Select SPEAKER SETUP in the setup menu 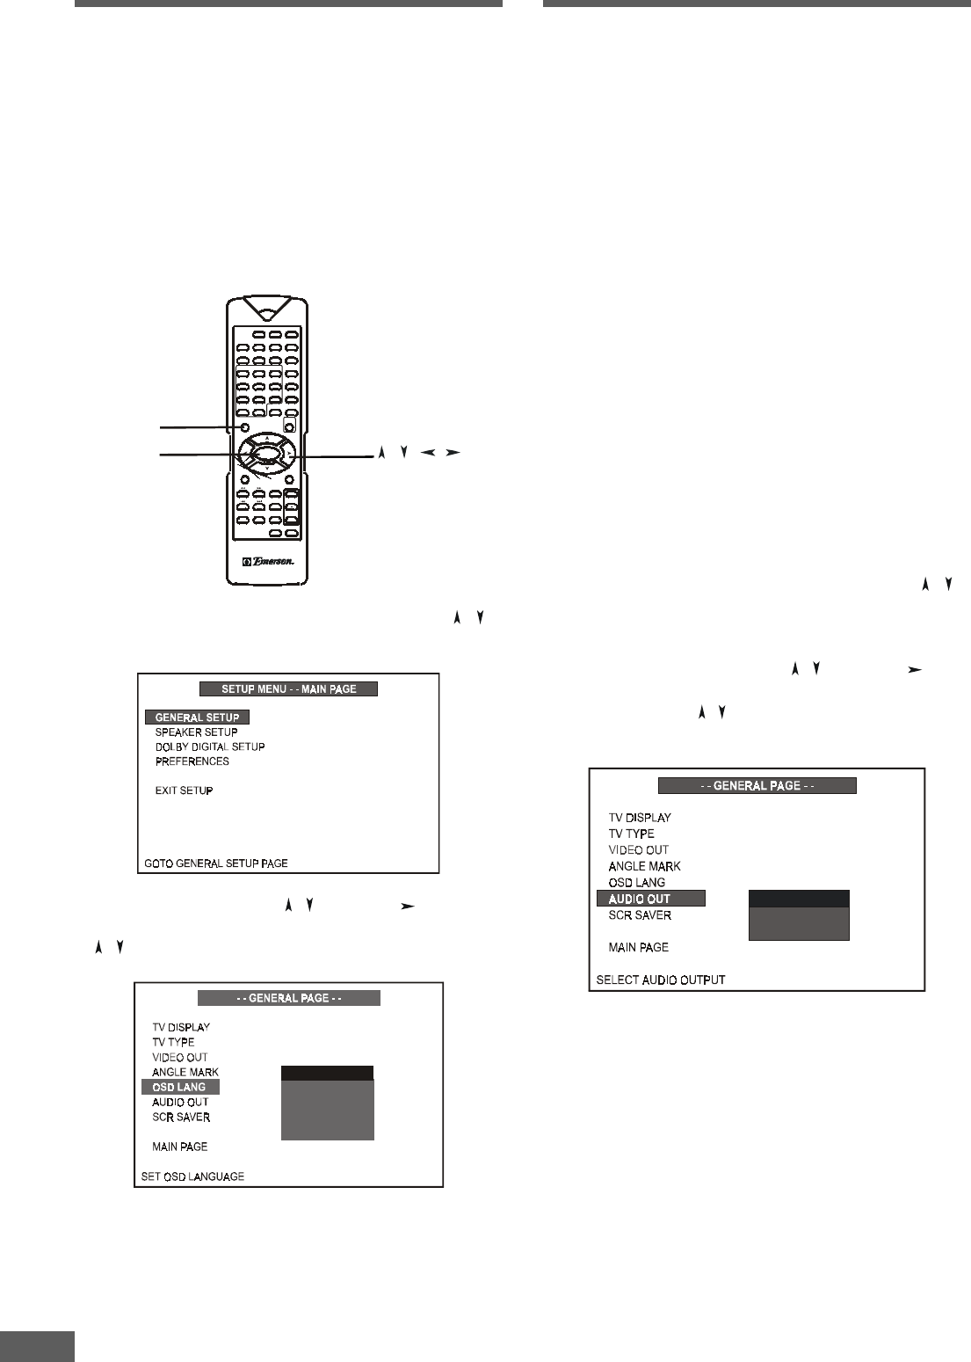pyautogui.click(x=196, y=732)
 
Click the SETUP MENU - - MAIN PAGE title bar pyautogui.click(x=289, y=689)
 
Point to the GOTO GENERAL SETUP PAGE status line pyautogui.click(x=215, y=863)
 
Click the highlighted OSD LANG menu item pyautogui.click(x=180, y=1088)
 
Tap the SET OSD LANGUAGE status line pyautogui.click(x=193, y=1176)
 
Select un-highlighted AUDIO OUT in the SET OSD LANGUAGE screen pyautogui.click(x=180, y=1103)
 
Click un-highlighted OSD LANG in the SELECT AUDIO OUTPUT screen pyautogui.click(x=637, y=882)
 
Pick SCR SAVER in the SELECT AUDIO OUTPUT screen pyautogui.click(x=640, y=915)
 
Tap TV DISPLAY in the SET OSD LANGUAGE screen pyautogui.click(x=181, y=1027)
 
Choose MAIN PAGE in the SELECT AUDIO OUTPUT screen pyautogui.click(x=639, y=947)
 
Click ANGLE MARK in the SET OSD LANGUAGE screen pyautogui.click(x=185, y=1073)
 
